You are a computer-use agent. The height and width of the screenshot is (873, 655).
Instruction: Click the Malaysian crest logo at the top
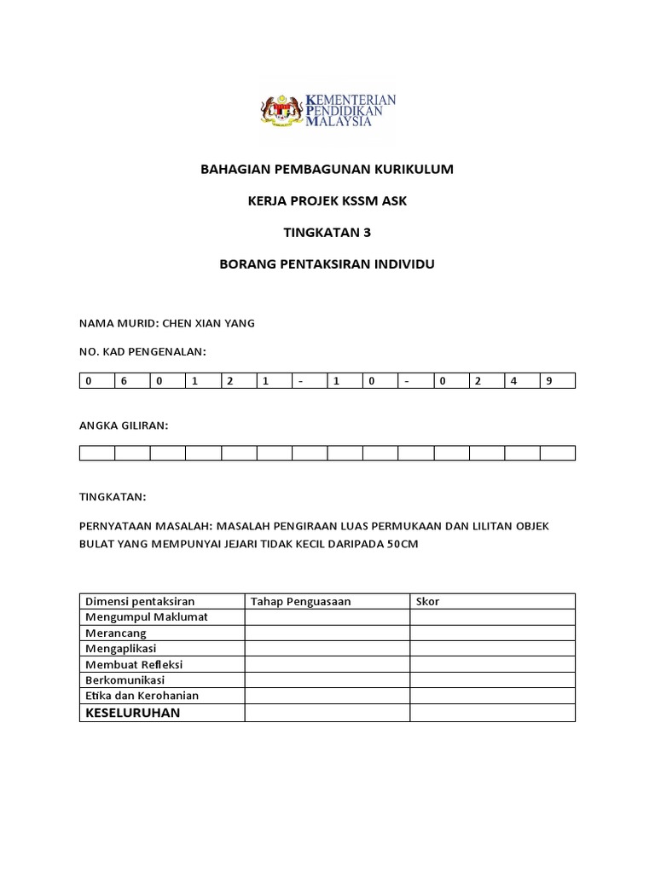click(x=281, y=110)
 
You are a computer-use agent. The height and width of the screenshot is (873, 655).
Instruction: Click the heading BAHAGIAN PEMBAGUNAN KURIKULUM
click(x=327, y=170)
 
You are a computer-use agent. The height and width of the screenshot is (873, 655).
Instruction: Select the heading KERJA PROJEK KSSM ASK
click(x=327, y=201)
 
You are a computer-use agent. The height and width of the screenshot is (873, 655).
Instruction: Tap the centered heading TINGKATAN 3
click(x=327, y=233)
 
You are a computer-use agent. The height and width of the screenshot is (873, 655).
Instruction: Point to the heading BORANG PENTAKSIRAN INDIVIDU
click(x=327, y=264)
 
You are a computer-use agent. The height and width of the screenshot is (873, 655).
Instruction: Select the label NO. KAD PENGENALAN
click(x=142, y=351)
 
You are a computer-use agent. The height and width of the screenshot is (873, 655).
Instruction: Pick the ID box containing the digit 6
click(x=132, y=381)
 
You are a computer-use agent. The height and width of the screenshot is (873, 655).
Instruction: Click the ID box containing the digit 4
click(x=522, y=381)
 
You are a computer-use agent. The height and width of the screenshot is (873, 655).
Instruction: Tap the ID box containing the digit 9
click(x=557, y=381)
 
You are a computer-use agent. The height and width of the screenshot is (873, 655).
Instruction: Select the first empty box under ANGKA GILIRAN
click(x=97, y=453)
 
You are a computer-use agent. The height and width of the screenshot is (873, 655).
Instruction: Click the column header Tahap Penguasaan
click(x=300, y=602)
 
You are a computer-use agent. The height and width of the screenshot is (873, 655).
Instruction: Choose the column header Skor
click(x=427, y=602)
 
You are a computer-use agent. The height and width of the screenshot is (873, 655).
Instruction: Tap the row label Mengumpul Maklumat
click(x=146, y=617)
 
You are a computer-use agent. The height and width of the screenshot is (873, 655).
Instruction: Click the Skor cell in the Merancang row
click(x=492, y=633)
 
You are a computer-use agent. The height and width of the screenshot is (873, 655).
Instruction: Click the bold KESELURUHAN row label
click(x=132, y=713)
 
